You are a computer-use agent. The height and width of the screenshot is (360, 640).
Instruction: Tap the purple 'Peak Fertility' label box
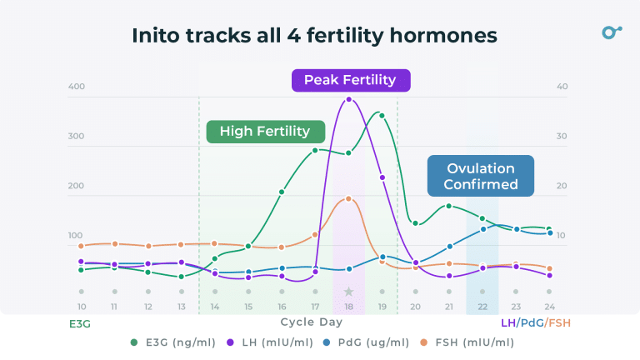coord(350,80)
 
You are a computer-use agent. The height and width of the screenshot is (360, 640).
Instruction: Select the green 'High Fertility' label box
coord(265,131)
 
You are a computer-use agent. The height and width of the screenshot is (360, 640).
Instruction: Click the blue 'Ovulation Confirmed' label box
coord(481,176)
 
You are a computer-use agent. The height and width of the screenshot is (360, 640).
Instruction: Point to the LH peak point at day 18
coord(348,100)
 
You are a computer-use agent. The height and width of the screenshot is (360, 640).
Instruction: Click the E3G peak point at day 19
coord(382,115)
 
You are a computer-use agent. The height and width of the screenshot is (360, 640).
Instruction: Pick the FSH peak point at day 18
coord(348,198)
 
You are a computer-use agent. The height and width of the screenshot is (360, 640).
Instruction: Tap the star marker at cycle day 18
coord(348,292)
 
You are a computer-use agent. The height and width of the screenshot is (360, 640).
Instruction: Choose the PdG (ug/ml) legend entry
coord(367,342)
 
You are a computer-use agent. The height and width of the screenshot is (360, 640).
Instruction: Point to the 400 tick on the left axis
coord(76,87)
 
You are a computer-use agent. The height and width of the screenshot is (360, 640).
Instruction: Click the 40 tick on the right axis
coord(562,87)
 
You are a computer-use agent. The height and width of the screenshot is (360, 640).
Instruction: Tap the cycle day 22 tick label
coord(482,307)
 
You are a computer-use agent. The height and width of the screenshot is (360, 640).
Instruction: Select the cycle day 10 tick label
coord(81,307)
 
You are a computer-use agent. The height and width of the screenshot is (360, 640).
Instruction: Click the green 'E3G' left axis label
coord(79,322)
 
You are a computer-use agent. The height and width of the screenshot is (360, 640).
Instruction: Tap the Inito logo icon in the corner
coord(612,32)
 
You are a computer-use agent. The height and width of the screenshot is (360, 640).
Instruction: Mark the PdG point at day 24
coord(549,232)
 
